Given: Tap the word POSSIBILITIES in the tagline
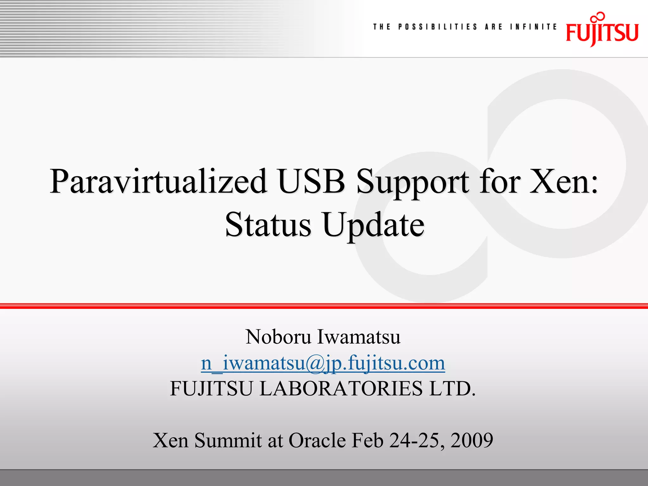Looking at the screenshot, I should [437, 27].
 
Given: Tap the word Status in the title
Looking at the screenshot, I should [268, 225].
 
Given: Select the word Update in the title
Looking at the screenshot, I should [373, 225].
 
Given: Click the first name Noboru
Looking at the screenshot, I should [278, 337].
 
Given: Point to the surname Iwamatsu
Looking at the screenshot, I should [359, 337].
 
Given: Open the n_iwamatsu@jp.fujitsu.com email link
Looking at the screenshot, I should [323, 363].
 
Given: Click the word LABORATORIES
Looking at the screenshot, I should [341, 389].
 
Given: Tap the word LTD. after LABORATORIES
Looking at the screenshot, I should [452, 389].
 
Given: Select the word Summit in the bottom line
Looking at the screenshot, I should [228, 440].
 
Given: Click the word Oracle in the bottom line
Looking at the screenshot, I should [317, 440].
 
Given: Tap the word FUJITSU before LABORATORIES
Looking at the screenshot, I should [211, 389].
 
